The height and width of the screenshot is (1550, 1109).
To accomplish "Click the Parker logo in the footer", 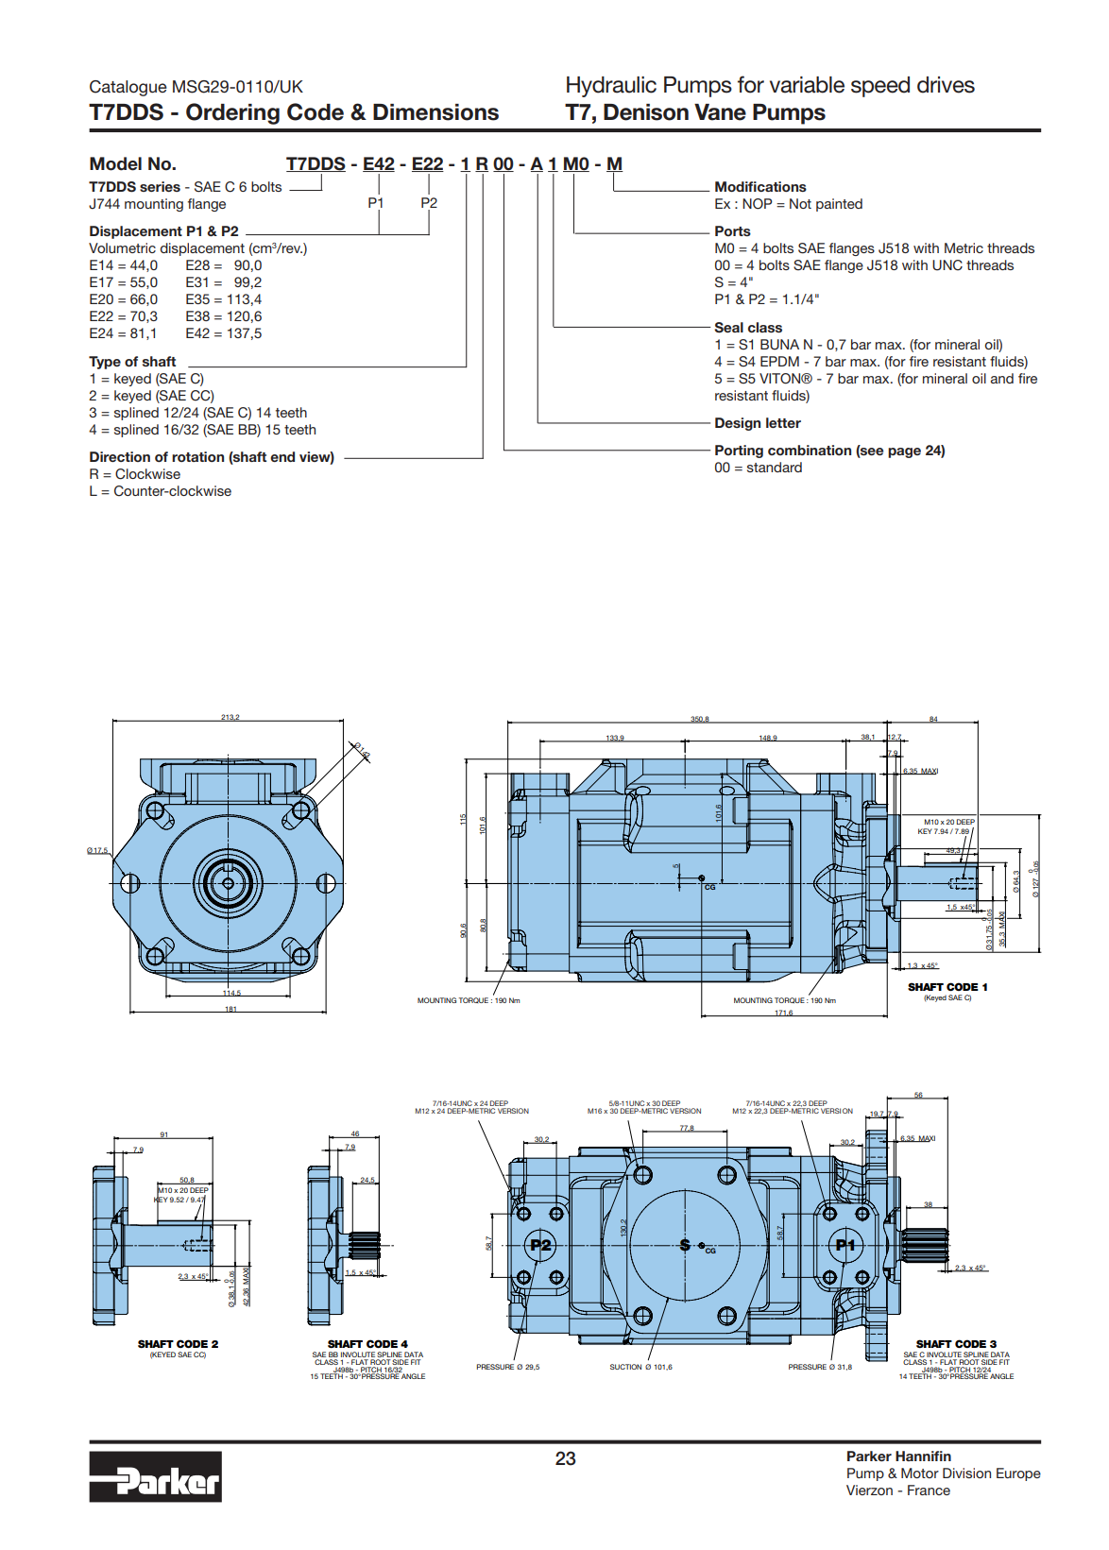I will (x=156, y=1476).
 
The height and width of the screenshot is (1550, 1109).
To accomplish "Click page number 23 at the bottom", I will (x=565, y=1459).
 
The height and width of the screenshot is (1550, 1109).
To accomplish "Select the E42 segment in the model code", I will (x=379, y=164).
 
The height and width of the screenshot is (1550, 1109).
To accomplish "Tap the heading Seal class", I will (x=748, y=328).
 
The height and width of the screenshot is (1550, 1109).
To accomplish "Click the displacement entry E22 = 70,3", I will (x=124, y=316).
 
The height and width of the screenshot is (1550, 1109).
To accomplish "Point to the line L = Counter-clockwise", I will (x=161, y=491).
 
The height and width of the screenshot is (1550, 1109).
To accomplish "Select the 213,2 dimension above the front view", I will (x=230, y=717).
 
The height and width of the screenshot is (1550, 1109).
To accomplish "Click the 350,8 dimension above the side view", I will (x=699, y=719).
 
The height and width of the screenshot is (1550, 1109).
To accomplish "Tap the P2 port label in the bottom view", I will (x=540, y=1245).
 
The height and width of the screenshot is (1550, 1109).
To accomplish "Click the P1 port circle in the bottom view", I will (x=845, y=1245).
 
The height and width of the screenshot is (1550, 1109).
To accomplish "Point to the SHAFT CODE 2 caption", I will (x=178, y=1344).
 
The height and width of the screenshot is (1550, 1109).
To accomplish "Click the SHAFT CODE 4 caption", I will (x=367, y=1344).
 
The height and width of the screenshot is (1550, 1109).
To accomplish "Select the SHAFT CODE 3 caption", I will (x=956, y=1344).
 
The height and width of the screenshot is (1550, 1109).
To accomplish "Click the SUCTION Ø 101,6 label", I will (x=640, y=1367).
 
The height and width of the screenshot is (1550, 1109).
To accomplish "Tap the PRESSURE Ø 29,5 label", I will (x=507, y=1367).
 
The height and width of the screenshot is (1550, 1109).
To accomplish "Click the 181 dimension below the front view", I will (x=230, y=1009).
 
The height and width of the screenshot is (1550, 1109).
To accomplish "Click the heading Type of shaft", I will (x=132, y=362).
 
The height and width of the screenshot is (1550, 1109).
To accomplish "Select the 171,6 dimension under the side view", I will (x=784, y=1013).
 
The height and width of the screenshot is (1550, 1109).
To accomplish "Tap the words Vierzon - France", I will (x=897, y=1490).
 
